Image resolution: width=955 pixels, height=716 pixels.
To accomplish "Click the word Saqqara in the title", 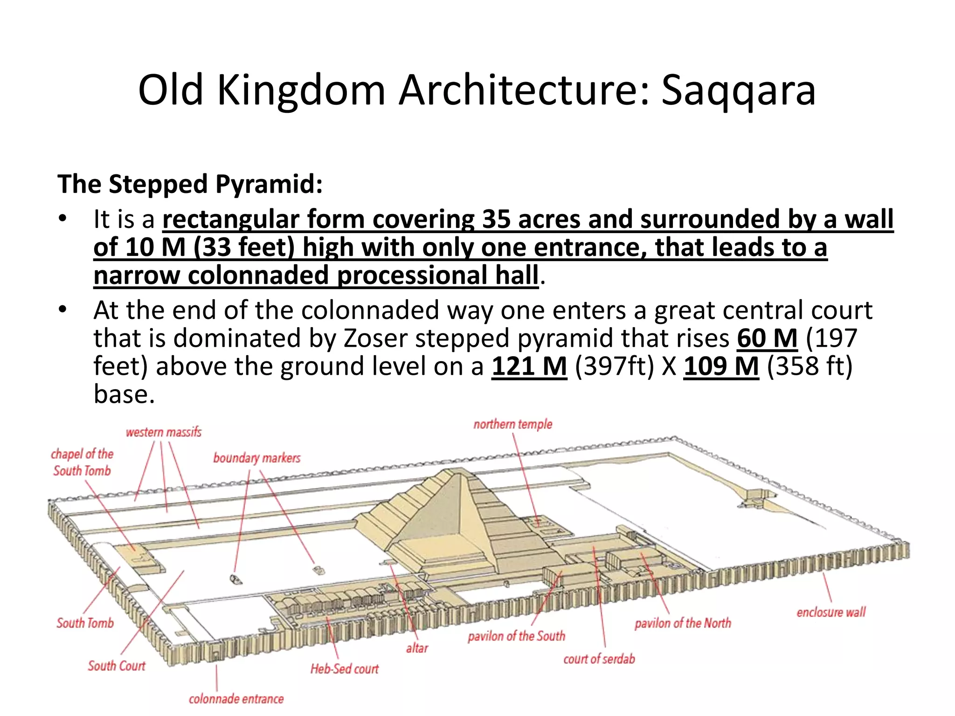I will tap(738, 90).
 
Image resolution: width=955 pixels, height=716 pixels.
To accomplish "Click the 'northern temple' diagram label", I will tap(512, 424).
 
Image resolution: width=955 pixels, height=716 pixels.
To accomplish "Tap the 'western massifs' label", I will tap(164, 432).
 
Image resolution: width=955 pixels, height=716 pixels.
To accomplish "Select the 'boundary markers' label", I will tap(256, 458).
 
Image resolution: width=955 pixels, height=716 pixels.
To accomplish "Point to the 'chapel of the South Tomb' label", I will tap(82, 462).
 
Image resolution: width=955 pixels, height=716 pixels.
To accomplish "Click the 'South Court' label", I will tap(117, 666).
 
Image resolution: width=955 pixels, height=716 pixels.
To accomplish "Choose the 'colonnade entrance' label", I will tap(236, 699).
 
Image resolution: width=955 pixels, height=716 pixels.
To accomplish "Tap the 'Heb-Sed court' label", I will tap(345, 669).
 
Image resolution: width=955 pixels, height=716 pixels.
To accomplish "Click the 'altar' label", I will tap(417, 648).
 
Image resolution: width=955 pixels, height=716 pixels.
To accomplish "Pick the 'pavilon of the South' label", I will tap(516, 636).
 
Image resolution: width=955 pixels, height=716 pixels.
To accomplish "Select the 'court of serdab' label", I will tap(599, 659).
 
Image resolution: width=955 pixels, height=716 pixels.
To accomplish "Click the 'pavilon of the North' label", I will tap(683, 623).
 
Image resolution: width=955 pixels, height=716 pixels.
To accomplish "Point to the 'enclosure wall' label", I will tap(831, 612).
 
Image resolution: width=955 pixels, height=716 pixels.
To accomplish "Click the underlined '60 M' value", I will tap(767, 338).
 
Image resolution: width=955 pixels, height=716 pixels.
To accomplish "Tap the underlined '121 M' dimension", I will tap(529, 366).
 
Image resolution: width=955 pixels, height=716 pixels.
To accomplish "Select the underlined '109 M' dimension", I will tap(721, 366).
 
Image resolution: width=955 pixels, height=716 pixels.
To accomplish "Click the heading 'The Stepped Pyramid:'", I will tap(190, 184).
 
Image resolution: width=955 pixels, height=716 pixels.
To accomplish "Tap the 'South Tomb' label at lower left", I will tap(85, 623).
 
